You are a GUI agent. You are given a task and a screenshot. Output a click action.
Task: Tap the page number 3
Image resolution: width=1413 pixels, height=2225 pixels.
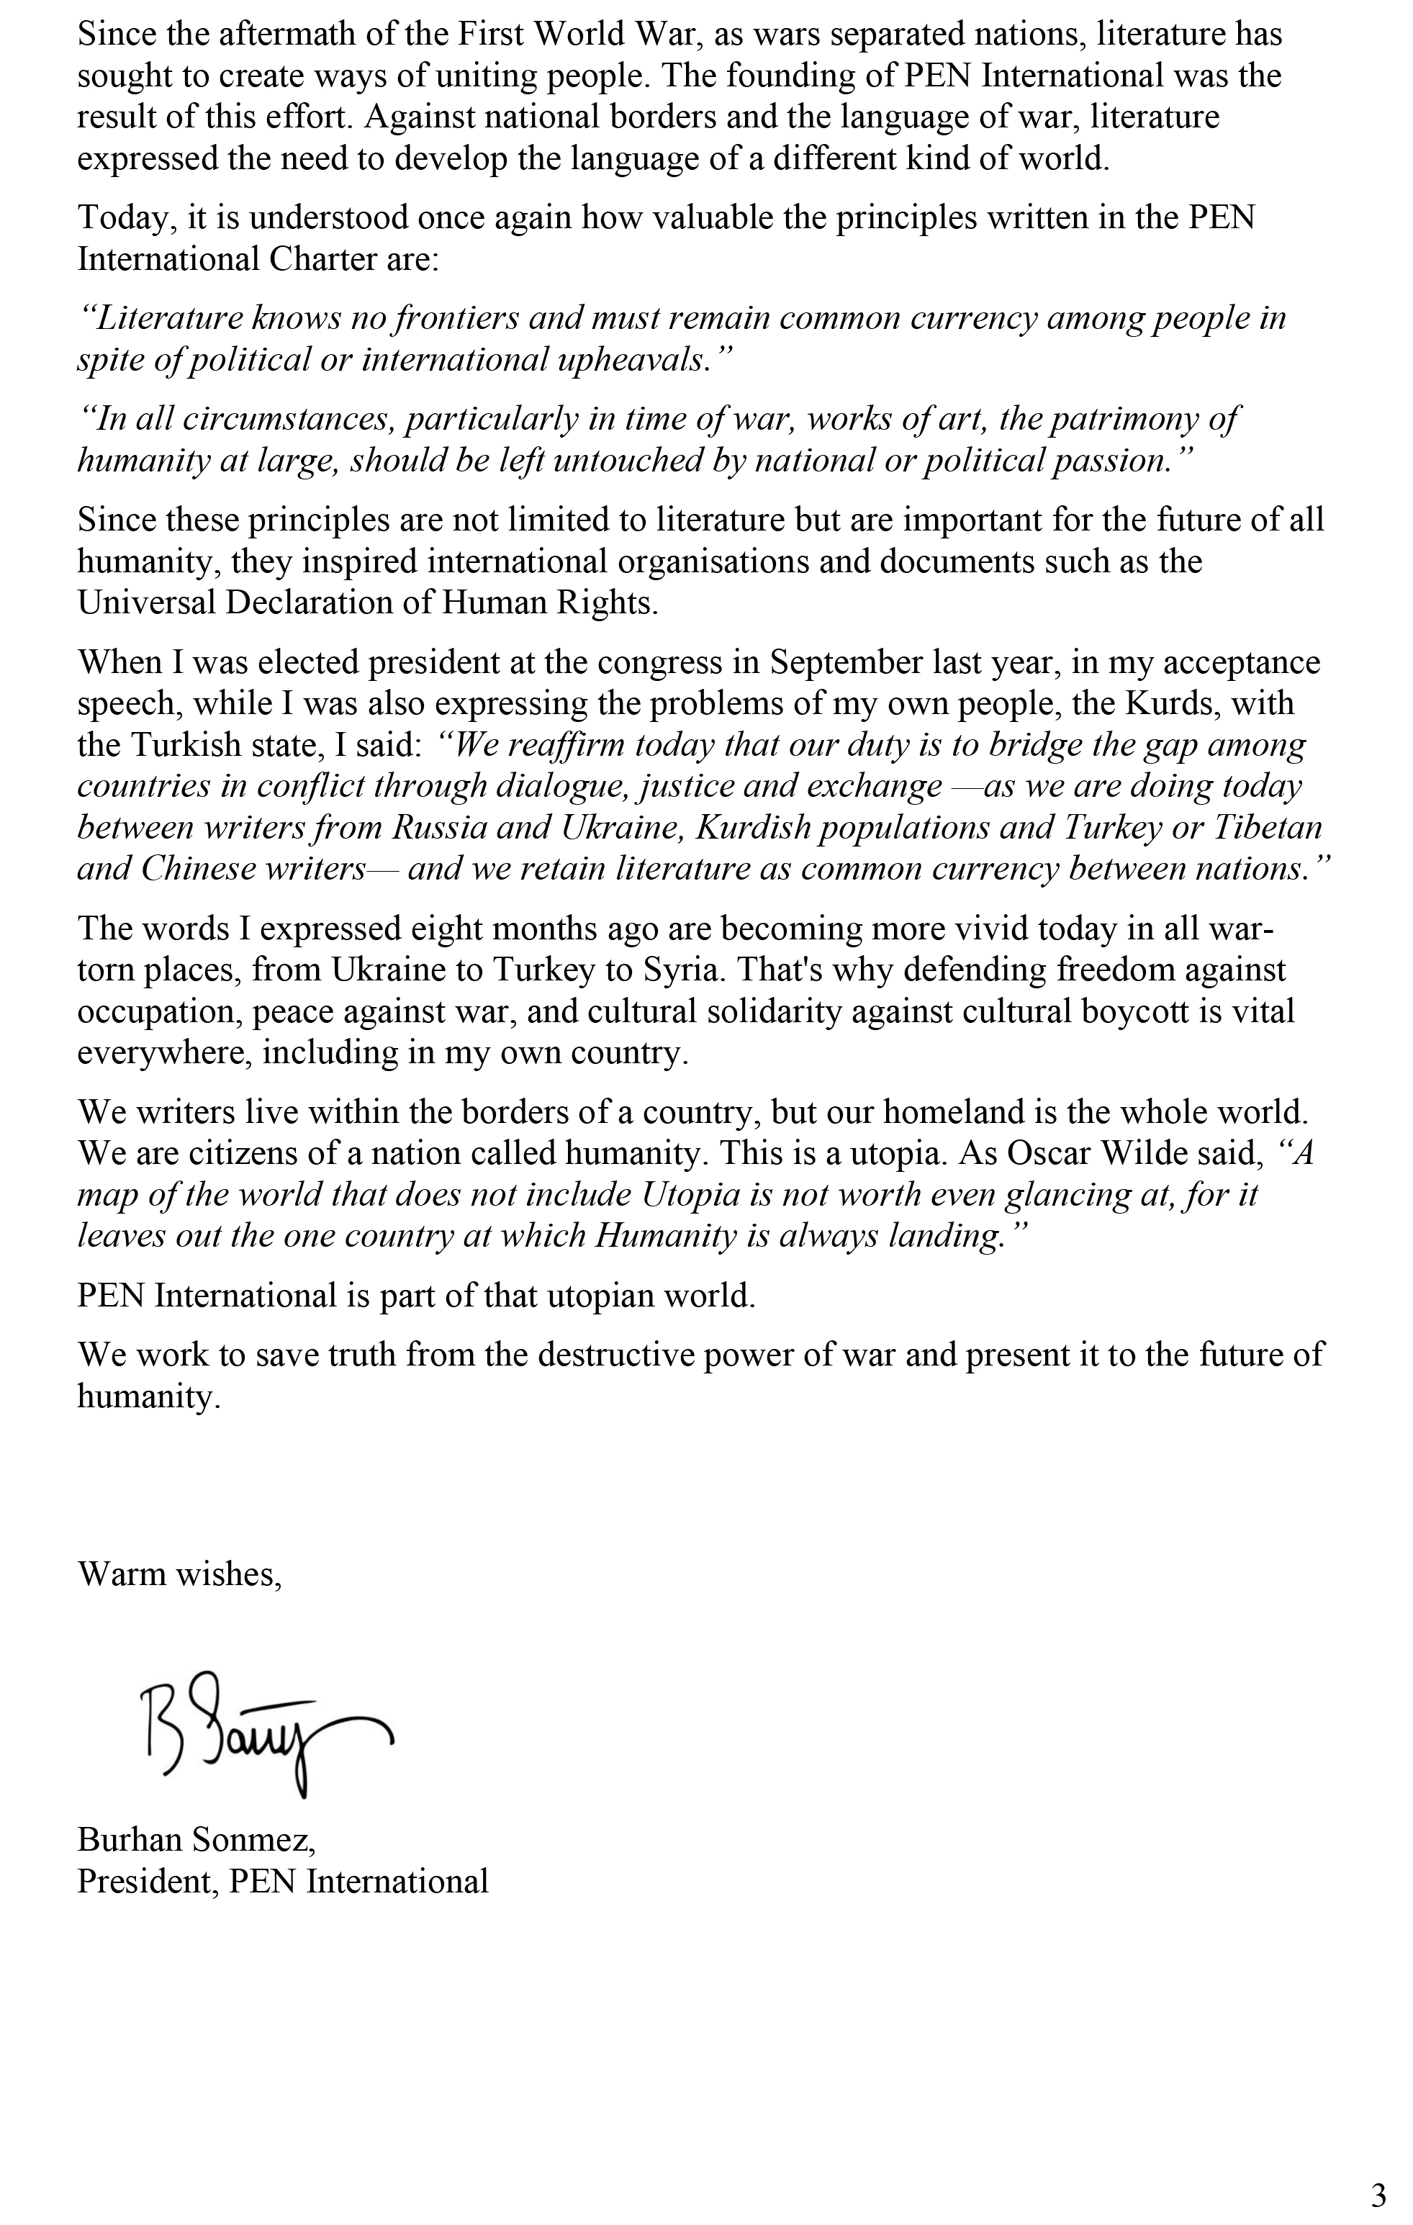[x=1378, y=2196]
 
